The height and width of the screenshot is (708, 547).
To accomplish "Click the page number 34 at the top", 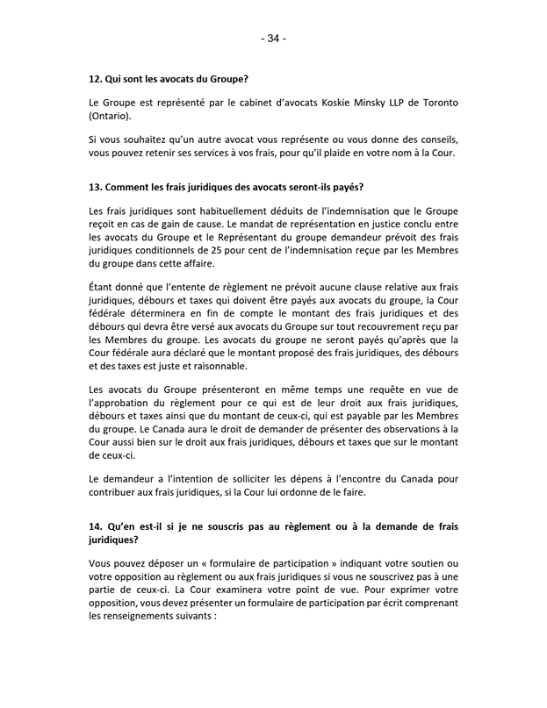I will click(x=273, y=39).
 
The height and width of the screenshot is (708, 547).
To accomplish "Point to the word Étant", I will click(x=104, y=287).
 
